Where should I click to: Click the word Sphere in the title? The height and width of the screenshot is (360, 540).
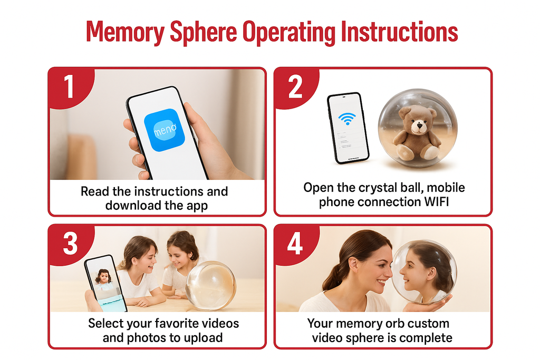click(x=203, y=32)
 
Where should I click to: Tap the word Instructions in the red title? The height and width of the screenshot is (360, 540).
click(x=399, y=32)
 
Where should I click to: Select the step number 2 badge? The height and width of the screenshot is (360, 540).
click(x=295, y=87)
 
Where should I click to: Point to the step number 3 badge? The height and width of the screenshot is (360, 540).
click(x=70, y=244)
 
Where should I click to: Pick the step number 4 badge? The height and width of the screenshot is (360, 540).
click(x=295, y=244)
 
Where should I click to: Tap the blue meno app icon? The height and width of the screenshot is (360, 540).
click(x=165, y=130)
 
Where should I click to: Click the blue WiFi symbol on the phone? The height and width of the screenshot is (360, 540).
click(x=347, y=119)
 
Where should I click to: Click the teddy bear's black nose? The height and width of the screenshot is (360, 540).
click(x=419, y=125)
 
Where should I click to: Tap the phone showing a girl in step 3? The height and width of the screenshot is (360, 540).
click(x=105, y=283)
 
